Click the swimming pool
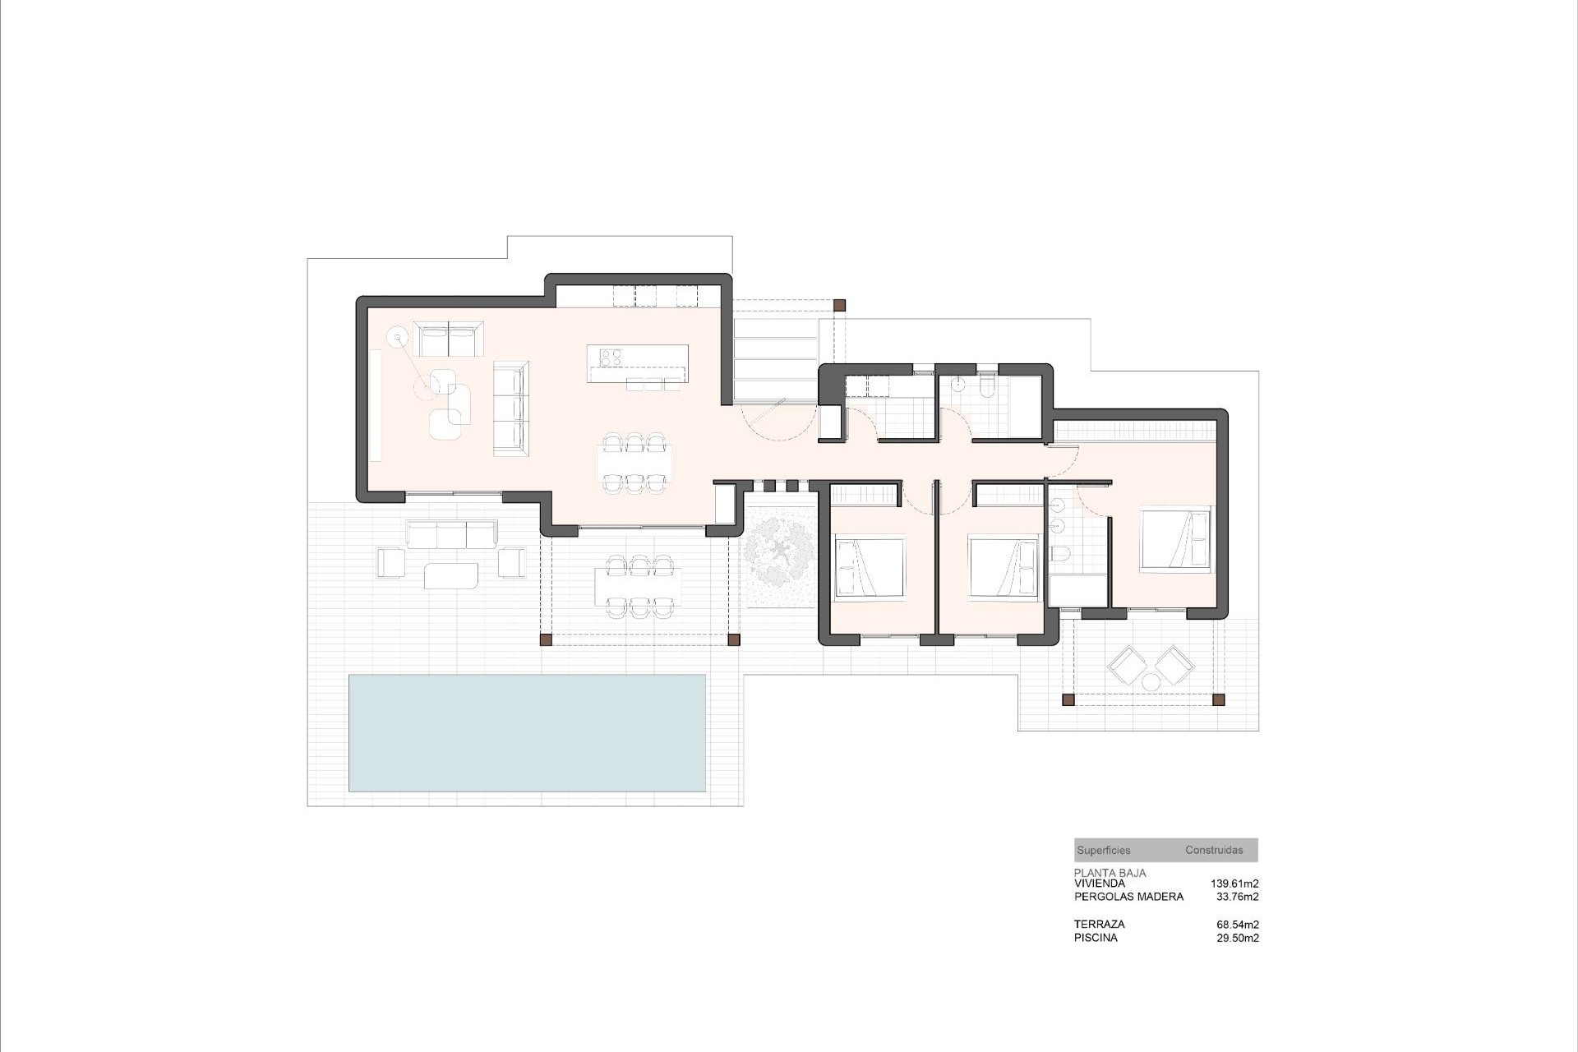click(x=527, y=732)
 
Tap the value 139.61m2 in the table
click(x=1234, y=884)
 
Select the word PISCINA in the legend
click(x=1096, y=938)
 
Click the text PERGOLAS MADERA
click(x=1128, y=897)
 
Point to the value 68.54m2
click(x=1237, y=924)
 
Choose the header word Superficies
click(x=1103, y=851)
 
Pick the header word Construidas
click(x=1214, y=851)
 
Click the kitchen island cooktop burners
click(x=611, y=357)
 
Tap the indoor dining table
click(x=634, y=464)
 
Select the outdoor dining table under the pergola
click(x=639, y=585)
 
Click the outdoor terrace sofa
click(x=451, y=534)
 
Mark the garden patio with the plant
click(x=778, y=558)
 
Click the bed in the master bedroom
click(x=1175, y=539)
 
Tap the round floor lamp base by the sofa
click(x=399, y=336)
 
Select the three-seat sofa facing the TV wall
click(x=510, y=408)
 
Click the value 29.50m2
click(x=1237, y=938)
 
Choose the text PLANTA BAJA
click(x=1110, y=873)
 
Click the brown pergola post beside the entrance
click(x=839, y=305)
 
